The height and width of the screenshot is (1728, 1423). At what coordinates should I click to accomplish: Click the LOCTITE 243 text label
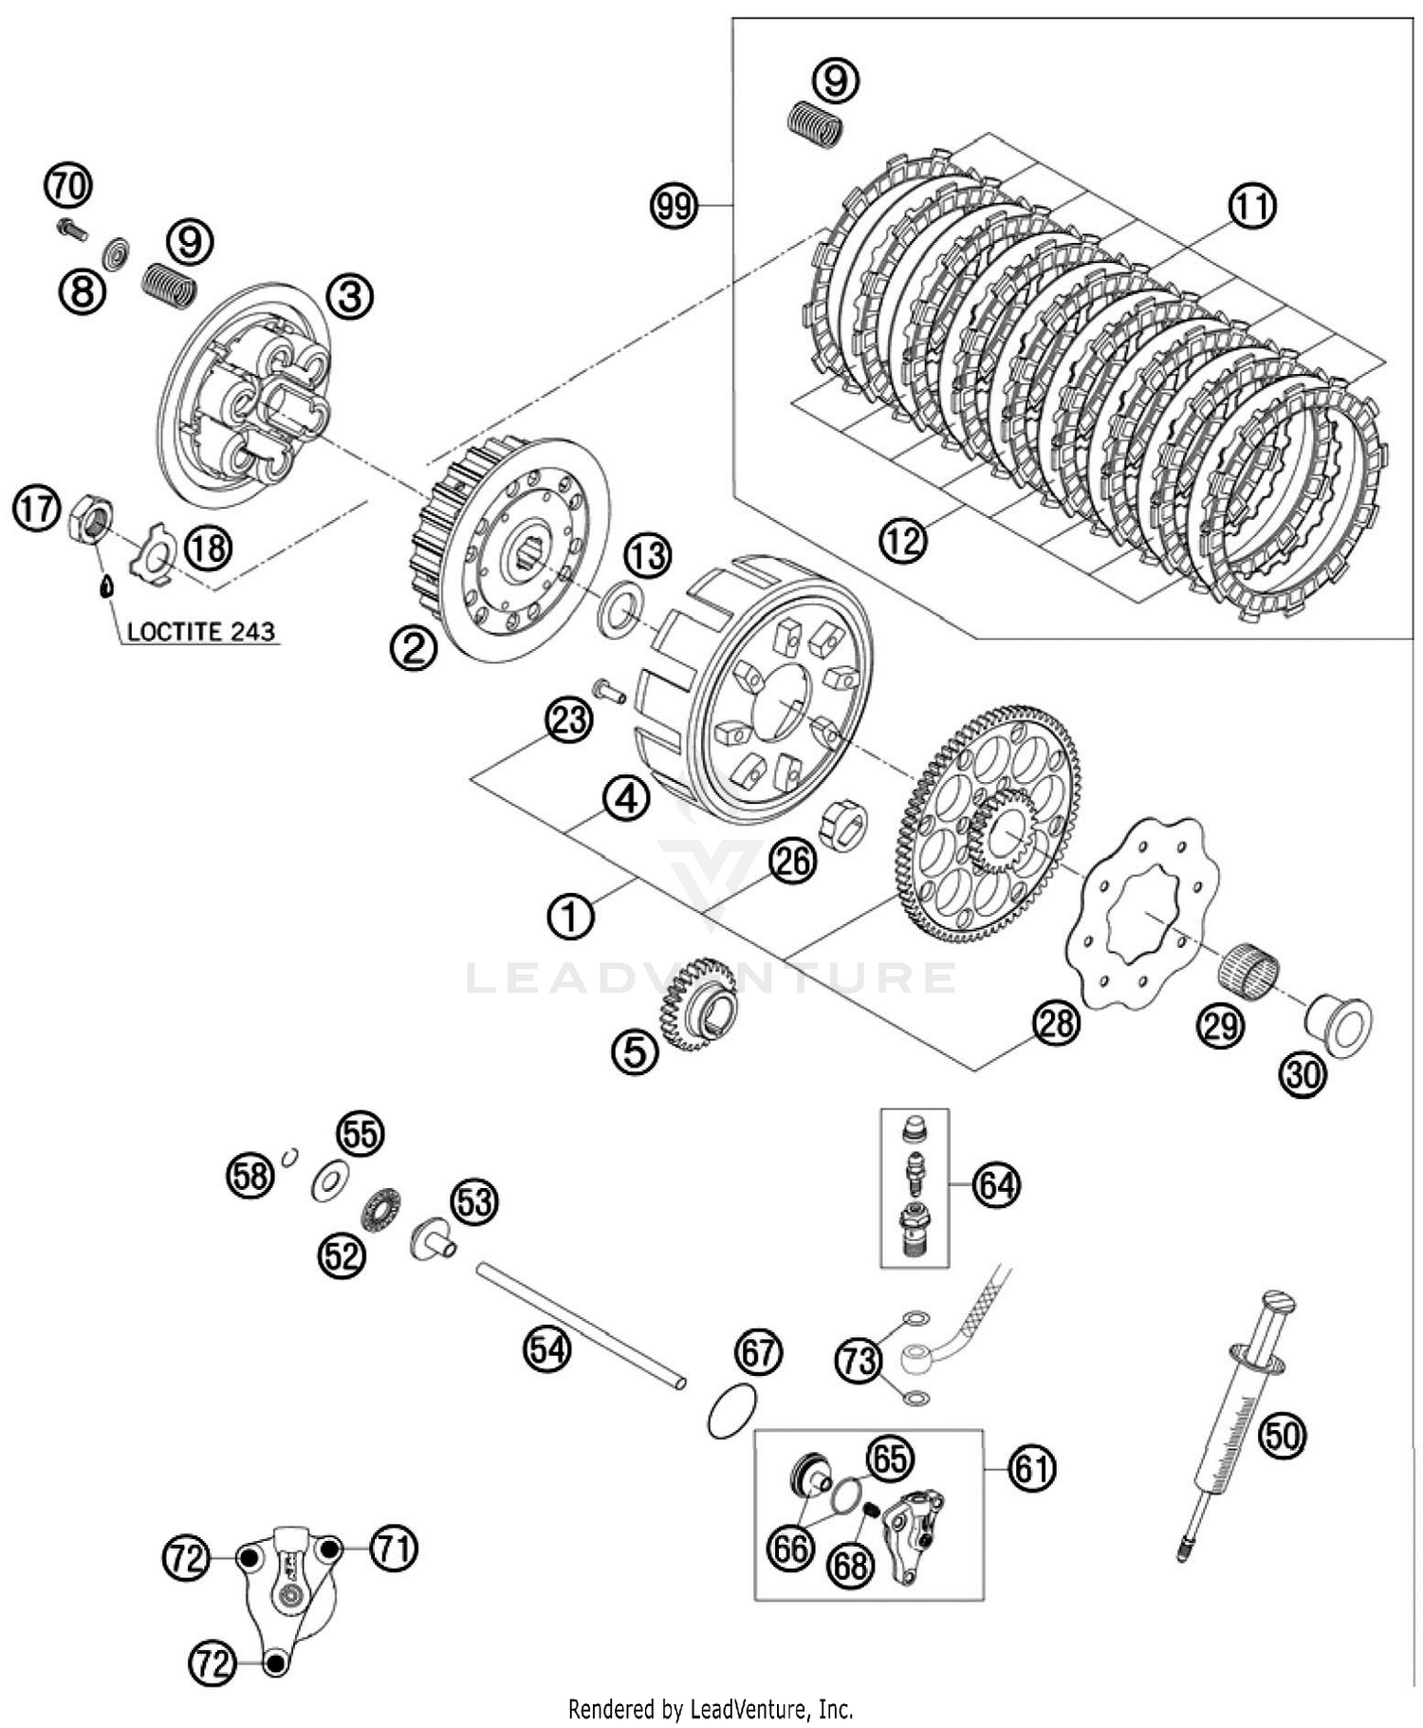(x=201, y=631)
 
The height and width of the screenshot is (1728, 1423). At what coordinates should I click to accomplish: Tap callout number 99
(x=674, y=205)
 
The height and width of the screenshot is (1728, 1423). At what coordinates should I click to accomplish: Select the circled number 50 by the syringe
(x=1282, y=1436)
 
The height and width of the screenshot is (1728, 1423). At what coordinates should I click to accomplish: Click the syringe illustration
(x=1234, y=1423)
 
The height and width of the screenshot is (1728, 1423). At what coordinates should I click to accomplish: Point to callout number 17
(x=36, y=510)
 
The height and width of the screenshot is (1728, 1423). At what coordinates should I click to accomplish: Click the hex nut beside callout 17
(x=91, y=518)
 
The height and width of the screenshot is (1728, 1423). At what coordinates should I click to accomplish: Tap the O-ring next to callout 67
(x=732, y=1411)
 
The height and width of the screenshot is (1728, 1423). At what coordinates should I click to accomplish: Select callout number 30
(x=1303, y=1074)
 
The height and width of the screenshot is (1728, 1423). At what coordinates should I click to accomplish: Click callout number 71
(x=394, y=1549)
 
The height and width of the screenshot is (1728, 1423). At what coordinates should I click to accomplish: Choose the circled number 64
(x=996, y=1185)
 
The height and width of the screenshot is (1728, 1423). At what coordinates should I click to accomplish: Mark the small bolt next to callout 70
(x=71, y=228)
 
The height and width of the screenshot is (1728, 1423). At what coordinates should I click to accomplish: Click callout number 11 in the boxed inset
(x=1252, y=205)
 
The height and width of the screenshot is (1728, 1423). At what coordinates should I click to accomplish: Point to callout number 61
(x=1031, y=1468)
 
